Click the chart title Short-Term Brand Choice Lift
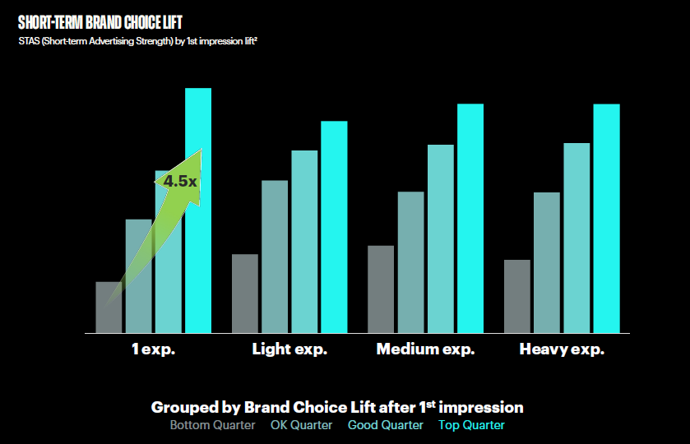(100, 23)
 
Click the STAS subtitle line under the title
(144, 40)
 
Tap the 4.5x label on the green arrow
(179, 181)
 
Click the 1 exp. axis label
(154, 349)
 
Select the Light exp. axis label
(289, 349)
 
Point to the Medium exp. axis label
(425, 349)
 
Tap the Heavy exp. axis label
(562, 349)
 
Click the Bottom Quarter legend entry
(208, 425)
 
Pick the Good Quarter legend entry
(385, 425)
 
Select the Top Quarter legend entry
(471, 425)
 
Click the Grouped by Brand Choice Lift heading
(337, 407)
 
